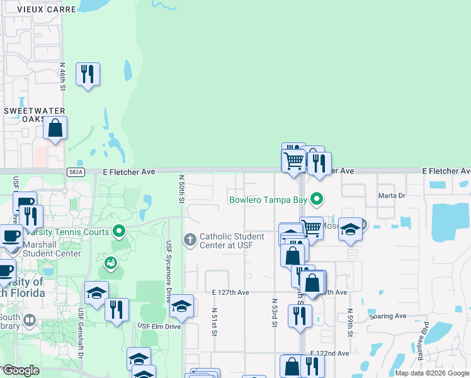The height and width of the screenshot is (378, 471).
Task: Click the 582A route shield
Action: (74, 171)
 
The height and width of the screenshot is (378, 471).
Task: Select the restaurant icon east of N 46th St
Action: (88, 74)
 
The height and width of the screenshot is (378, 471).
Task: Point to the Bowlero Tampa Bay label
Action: (268, 200)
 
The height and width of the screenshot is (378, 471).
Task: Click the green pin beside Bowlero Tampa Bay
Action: (318, 200)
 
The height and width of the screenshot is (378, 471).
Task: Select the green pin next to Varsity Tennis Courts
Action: (116, 231)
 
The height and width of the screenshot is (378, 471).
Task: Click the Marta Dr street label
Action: (391, 195)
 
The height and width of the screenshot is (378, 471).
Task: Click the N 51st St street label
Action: (214, 321)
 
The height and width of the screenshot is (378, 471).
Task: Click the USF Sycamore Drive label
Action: (169, 272)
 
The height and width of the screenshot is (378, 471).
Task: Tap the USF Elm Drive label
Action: (159, 326)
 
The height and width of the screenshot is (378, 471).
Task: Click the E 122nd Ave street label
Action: (329, 354)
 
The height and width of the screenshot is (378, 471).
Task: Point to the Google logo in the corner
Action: (21, 370)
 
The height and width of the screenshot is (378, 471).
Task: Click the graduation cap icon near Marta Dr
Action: (350, 229)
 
